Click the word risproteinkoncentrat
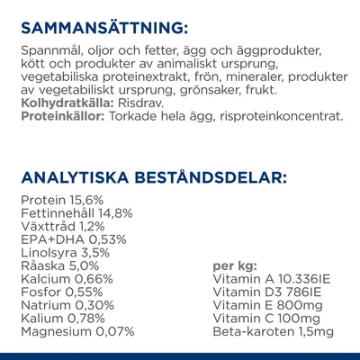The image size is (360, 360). click(265, 117)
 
